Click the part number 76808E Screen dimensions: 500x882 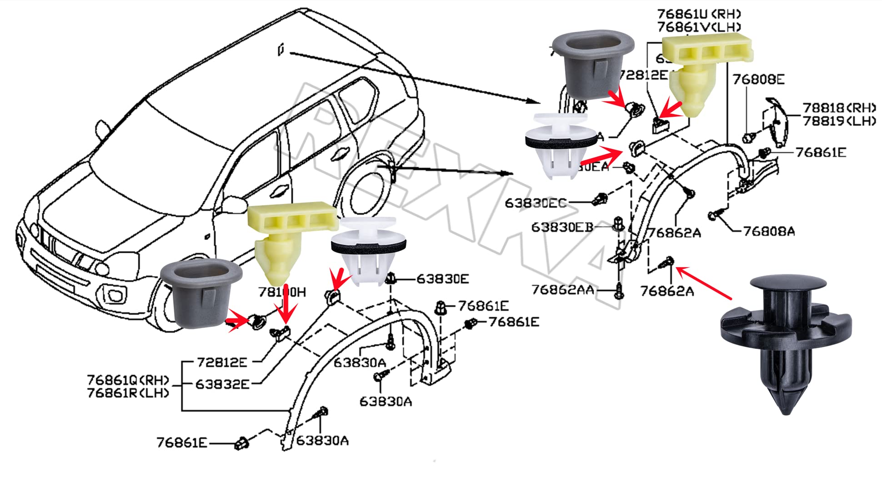click(758, 80)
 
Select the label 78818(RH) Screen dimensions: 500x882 click(839, 108)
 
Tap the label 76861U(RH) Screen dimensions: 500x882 click(699, 15)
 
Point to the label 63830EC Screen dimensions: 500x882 click(536, 203)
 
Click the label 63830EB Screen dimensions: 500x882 click(562, 227)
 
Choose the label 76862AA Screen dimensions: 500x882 click(562, 290)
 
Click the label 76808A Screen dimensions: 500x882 click(769, 232)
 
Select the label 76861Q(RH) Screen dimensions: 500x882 click(128, 380)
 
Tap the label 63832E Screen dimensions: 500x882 click(222, 385)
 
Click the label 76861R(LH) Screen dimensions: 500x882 click(128, 393)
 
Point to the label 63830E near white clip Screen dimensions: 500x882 click(442, 279)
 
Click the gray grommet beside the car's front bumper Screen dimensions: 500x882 click(201, 293)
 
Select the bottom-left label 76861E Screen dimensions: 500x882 click(181, 443)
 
